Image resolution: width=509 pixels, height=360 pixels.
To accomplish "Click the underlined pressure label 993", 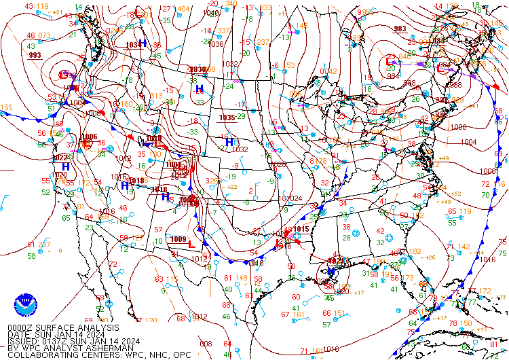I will click(35, 56).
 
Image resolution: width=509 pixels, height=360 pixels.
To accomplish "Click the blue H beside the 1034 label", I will click(143, 43).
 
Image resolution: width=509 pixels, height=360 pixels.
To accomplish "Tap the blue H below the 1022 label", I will click(65, 166).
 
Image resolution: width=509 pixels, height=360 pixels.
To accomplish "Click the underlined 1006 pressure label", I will click(89, 137).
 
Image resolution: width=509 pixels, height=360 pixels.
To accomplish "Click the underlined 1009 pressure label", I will click(178, 239).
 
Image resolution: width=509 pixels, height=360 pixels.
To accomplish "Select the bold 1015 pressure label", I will click(301, 230).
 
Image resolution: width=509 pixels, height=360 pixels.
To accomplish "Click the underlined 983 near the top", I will click(400, 29).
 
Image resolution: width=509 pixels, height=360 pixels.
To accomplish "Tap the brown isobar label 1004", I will click(468, 142).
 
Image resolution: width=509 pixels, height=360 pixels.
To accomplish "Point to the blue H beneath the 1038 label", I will click(199, 88).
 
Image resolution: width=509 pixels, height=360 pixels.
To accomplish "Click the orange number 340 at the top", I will click(231, 4).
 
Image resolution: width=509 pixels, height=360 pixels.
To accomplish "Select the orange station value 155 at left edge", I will click(6, 107).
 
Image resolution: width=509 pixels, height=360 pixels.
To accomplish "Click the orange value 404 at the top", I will click(183, 9).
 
